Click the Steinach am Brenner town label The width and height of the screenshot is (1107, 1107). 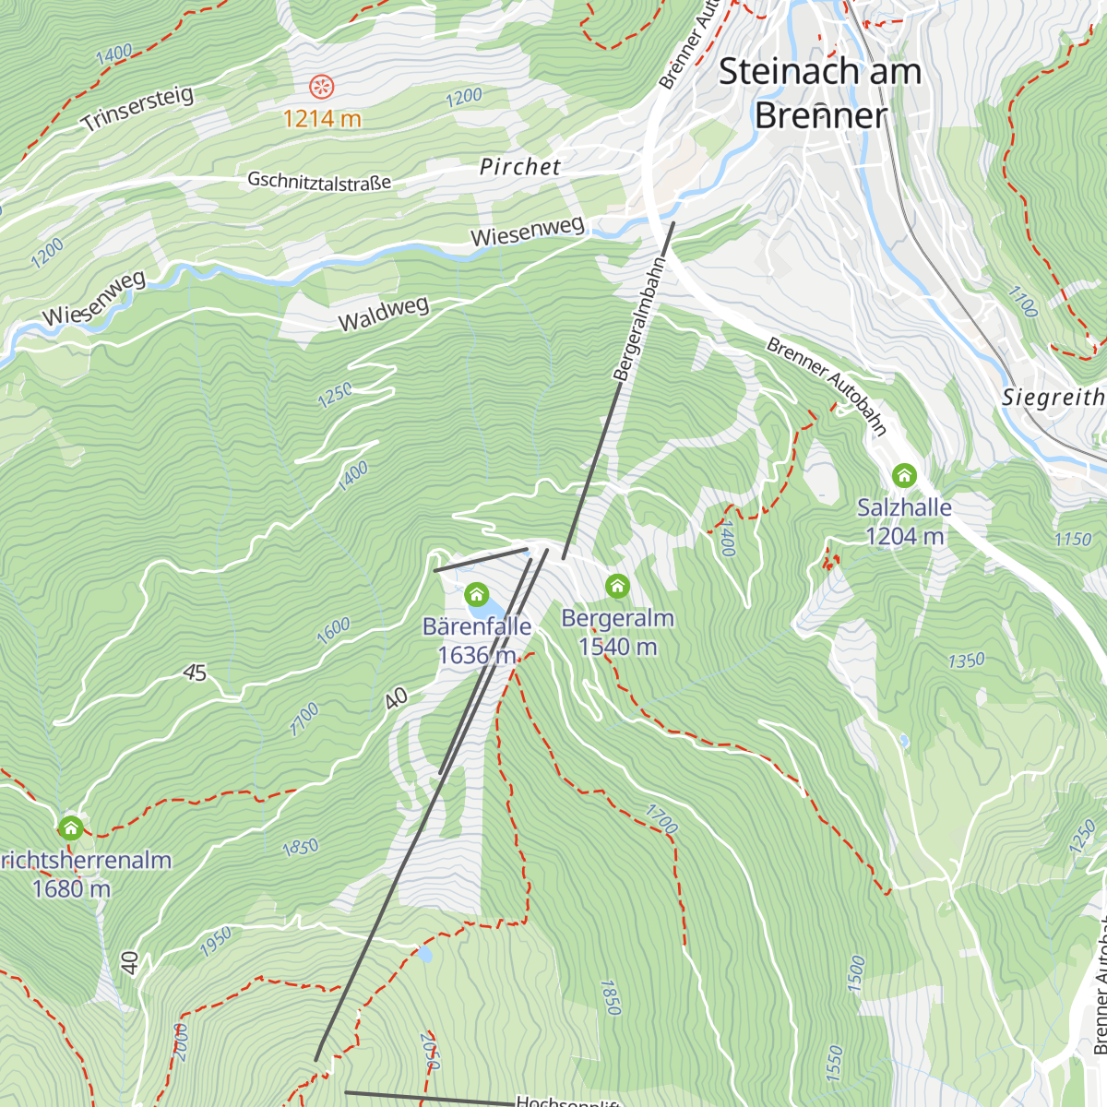tap(819, 93)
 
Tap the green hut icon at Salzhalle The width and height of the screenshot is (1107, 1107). tap(904, 475)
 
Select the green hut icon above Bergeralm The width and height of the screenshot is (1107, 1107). tap(617, 586)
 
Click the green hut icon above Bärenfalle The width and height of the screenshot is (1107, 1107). tap(476, 593)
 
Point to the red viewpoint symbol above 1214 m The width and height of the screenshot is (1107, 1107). tap(322, 88)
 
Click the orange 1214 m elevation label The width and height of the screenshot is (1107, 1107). tap(322, 119)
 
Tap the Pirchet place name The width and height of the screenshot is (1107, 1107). tap(520, 167)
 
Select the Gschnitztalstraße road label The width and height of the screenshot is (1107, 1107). tap(319, 181)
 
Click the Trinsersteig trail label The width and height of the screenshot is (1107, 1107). tap(137, 109)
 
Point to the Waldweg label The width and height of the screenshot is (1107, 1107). tap(384, 315)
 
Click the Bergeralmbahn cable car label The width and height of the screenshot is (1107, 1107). tap(639, 319)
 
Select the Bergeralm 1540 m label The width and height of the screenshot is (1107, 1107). tap(617, 633)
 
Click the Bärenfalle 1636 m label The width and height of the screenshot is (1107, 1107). tap(477, 641)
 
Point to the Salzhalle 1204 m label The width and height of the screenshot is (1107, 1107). tap(904, 521)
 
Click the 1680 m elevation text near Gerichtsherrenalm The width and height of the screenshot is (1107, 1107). tap(71, 889)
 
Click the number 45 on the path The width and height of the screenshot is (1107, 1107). tap(195, 673)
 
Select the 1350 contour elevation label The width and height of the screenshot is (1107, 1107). tap(966, 661)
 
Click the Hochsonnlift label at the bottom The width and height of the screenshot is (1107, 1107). tap(568, 1101)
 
